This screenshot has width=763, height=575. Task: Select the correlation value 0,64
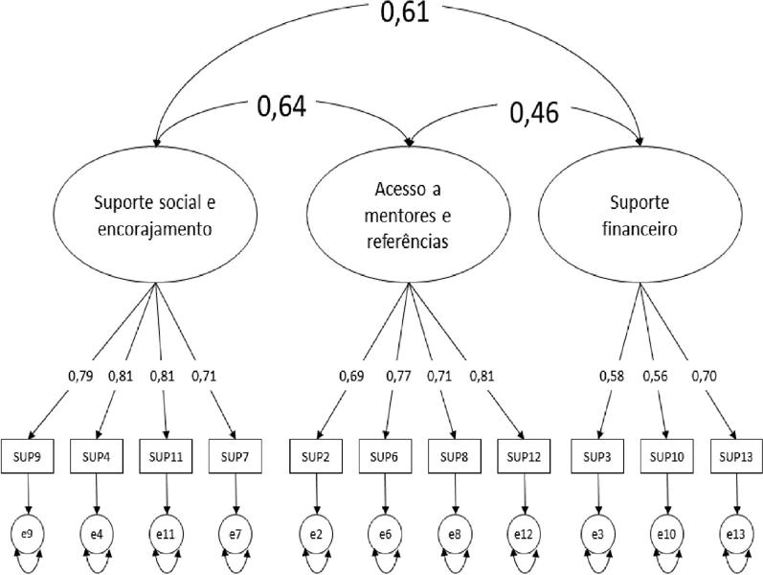281,106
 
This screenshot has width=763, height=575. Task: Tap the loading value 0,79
80,376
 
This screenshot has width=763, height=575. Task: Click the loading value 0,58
613,376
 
